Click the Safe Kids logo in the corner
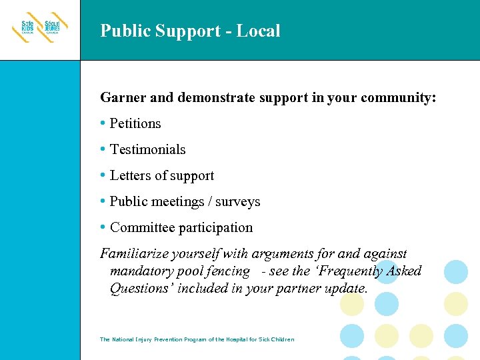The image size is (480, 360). pos(39,30)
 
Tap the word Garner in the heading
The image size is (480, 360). pos(123,98)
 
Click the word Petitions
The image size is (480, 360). pos(135,123)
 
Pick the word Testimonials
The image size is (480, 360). pos(147,149)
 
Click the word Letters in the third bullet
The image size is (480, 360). pos(130,175)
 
